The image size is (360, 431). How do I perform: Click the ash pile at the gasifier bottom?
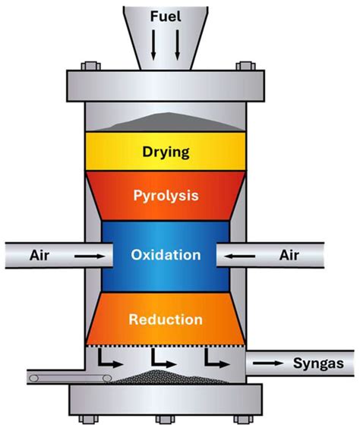[168, 376]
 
